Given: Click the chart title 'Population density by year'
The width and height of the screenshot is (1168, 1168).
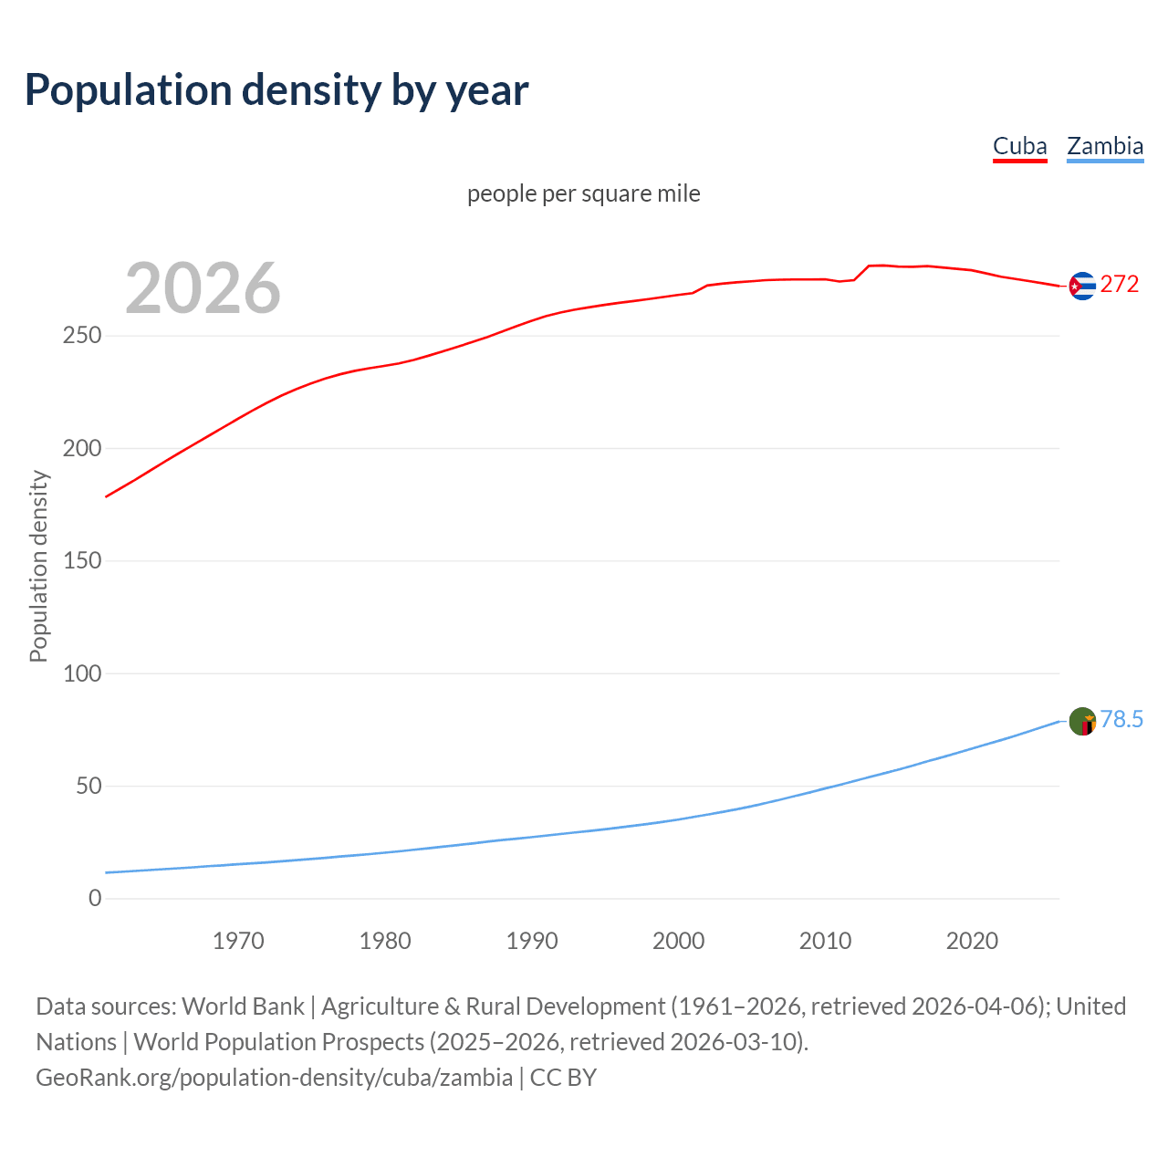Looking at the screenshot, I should (x=276, y=89).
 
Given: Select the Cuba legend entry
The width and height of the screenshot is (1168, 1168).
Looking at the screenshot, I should (x=1019, y=146).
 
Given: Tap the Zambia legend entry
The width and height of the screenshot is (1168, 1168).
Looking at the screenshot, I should (x=1104, y=146).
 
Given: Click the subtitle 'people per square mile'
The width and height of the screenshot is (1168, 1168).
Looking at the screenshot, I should (x=583, y=193).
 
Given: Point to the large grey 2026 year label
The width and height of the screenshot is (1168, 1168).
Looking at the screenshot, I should (x=203, y=288).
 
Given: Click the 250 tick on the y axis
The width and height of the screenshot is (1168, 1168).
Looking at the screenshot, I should (x=82, y=336).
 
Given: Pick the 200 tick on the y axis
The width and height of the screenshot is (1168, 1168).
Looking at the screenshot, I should (x=82, y=448).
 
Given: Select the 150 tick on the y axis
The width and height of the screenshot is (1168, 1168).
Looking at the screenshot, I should (x=82, y=561).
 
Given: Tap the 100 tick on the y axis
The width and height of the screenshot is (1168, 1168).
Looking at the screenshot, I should (x=82, y=673).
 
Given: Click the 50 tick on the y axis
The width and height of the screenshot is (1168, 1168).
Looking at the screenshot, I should (x=89, y=786).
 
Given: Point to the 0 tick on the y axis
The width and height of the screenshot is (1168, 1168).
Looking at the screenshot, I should (x=95, y=899).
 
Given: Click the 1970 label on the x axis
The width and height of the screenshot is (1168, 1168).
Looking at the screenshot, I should (x=238, y=941).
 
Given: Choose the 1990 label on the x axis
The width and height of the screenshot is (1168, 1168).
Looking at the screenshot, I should (x=532, y=941).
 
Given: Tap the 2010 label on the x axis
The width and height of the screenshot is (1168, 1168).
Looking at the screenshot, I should (x=825, y=941).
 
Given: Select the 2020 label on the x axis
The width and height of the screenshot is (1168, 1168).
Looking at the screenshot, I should (x=972, y=941).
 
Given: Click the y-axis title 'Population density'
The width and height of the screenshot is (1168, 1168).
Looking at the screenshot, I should (x=38, y=566).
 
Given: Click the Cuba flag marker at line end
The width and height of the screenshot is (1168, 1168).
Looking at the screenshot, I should (x=1082, y=286).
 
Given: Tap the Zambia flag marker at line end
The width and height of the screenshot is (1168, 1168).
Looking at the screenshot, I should (x=1082, y=721).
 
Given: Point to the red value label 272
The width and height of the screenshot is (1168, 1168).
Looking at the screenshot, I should (x=1120, y=284).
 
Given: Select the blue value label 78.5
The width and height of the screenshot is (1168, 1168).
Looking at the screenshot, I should (x=1121, y=719).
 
